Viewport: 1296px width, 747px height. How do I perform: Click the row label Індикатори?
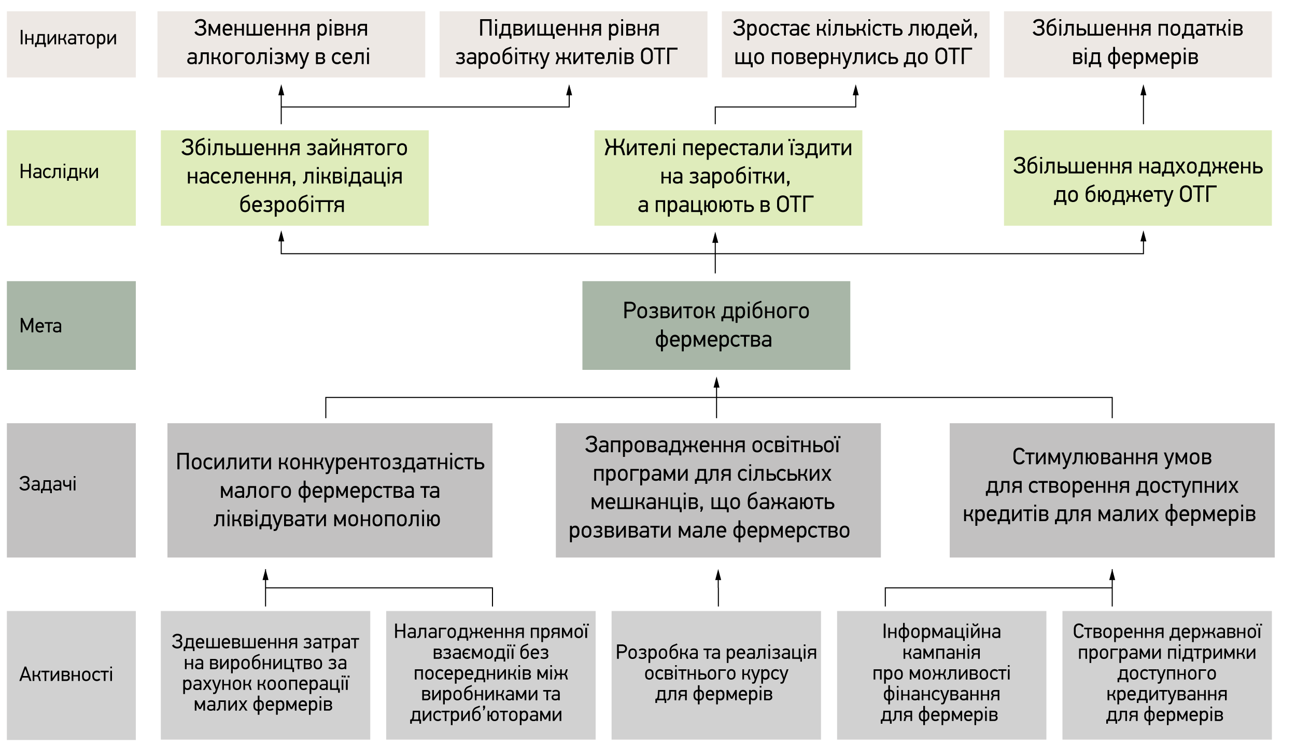[x=68, y=38]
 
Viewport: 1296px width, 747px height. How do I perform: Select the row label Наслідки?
[x=59, y=171]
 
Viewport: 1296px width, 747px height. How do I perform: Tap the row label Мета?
[x=40, y=326]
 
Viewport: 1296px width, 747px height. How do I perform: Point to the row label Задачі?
[x=48, y=484]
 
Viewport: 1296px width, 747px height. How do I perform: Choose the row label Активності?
[x=66, y=674]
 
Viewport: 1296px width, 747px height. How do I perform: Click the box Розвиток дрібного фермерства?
[x=716, y=325]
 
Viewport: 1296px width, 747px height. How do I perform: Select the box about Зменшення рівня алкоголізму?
[x=291, y=45]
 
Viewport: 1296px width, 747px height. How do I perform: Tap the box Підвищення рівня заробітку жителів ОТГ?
[x=573, y=45]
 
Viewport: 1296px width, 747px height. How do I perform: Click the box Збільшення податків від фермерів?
[x=1137, y=45]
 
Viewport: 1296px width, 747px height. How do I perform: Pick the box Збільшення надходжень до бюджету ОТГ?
[x=1137, y=178]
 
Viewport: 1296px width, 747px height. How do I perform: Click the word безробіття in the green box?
[x=292, y=205]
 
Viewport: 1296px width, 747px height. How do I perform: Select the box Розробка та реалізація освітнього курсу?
[x=716, y=675]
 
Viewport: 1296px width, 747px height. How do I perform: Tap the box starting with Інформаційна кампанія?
[x=941, y=675]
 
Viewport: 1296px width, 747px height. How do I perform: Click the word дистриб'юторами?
[x=486, y=715]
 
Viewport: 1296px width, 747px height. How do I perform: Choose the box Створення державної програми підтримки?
[x=1167, y=675]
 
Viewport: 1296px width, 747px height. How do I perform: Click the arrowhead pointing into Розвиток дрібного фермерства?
[x=716, y=382]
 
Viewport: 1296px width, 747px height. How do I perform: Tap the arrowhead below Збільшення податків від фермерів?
[x=1143, y=90]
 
